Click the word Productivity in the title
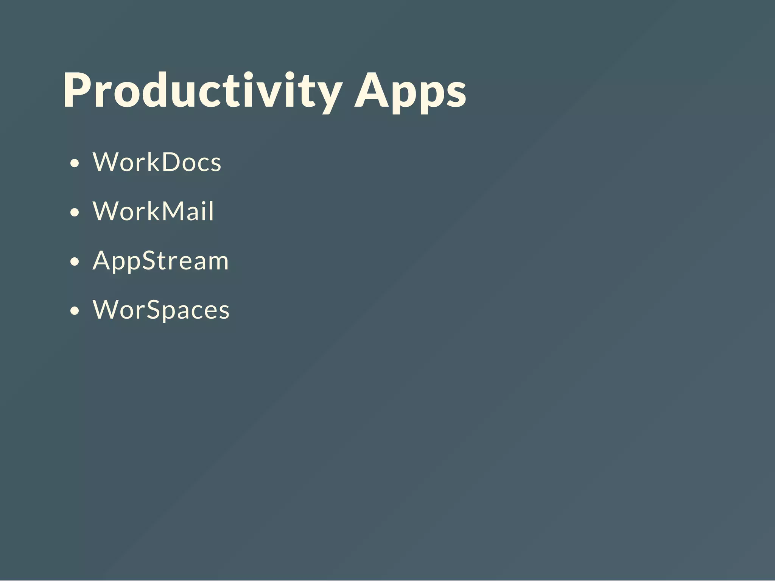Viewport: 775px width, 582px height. pos(202,91)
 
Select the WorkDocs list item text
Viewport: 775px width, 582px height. pos(157,162)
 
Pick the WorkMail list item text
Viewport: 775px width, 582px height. pos(153,211)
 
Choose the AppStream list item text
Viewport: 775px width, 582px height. pos(160,261)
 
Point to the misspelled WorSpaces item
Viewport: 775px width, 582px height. pos(161,310)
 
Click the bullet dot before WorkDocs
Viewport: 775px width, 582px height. pos(75,163)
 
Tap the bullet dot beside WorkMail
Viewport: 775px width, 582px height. pos(75,212)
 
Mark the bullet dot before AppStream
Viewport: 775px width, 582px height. pos(75,261)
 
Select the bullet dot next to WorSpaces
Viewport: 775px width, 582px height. pos(75,311)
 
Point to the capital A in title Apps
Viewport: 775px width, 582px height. pos(372,91)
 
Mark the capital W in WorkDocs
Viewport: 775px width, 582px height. pos(106,162)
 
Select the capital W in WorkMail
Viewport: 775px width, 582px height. pos(106,211)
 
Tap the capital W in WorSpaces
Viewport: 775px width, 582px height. pos(106,310)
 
